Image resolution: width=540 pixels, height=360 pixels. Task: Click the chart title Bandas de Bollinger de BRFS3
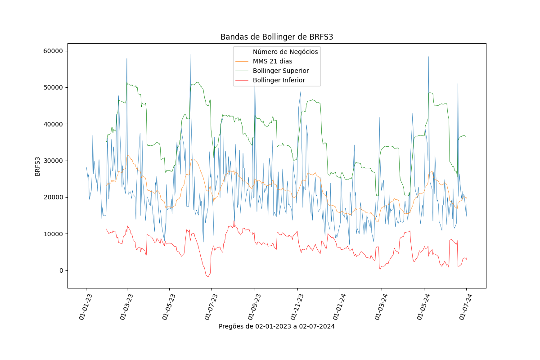[277, 37]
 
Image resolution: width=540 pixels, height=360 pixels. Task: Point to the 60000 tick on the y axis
[53, 51]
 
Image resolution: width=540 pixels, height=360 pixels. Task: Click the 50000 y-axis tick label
[53, 88]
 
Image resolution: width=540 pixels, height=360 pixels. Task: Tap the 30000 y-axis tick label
[53, 161]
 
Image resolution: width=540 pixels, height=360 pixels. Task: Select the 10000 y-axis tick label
[53, 234]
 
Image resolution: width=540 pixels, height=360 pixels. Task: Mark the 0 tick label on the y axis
[61, 270]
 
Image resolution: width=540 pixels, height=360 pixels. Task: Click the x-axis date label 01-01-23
[85, 307]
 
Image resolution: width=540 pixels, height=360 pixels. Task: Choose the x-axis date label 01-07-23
[211, 307]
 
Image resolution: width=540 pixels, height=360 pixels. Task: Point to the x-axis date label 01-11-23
[297, 307]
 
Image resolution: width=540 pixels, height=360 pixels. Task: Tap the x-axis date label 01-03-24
[381, 307]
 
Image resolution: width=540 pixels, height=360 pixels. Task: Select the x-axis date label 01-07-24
[465, 307]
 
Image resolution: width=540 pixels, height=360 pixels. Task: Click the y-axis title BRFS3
[37, 166]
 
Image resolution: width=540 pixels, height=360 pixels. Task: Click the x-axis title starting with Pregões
[277, 327]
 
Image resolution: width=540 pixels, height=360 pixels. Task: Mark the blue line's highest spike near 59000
[190, 54]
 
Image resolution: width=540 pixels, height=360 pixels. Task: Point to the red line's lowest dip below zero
[208, 277]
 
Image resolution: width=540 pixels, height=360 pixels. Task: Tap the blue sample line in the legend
[242, 52]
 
